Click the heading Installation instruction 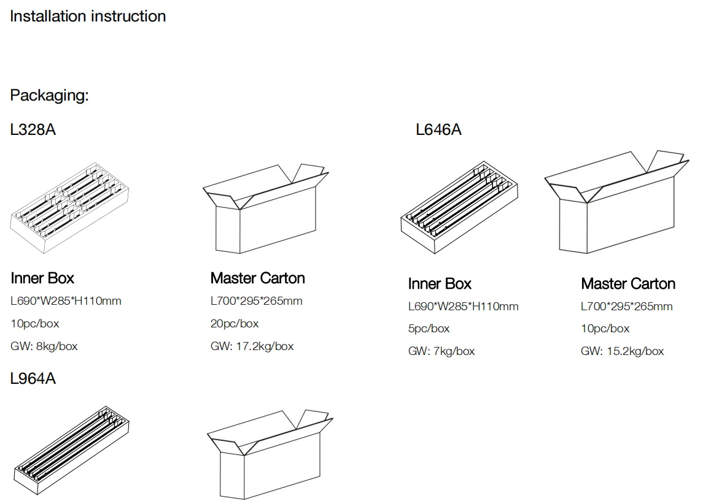88,17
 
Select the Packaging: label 49,96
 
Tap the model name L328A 33,130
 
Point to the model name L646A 438,130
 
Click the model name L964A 33,379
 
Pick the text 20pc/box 235,324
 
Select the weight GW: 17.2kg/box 252,346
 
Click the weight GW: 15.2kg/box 622,351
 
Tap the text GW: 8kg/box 44,346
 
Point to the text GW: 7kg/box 441,351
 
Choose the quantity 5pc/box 429,329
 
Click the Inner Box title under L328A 42,278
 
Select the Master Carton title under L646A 627,284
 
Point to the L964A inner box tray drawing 71,449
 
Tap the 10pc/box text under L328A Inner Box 35,324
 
